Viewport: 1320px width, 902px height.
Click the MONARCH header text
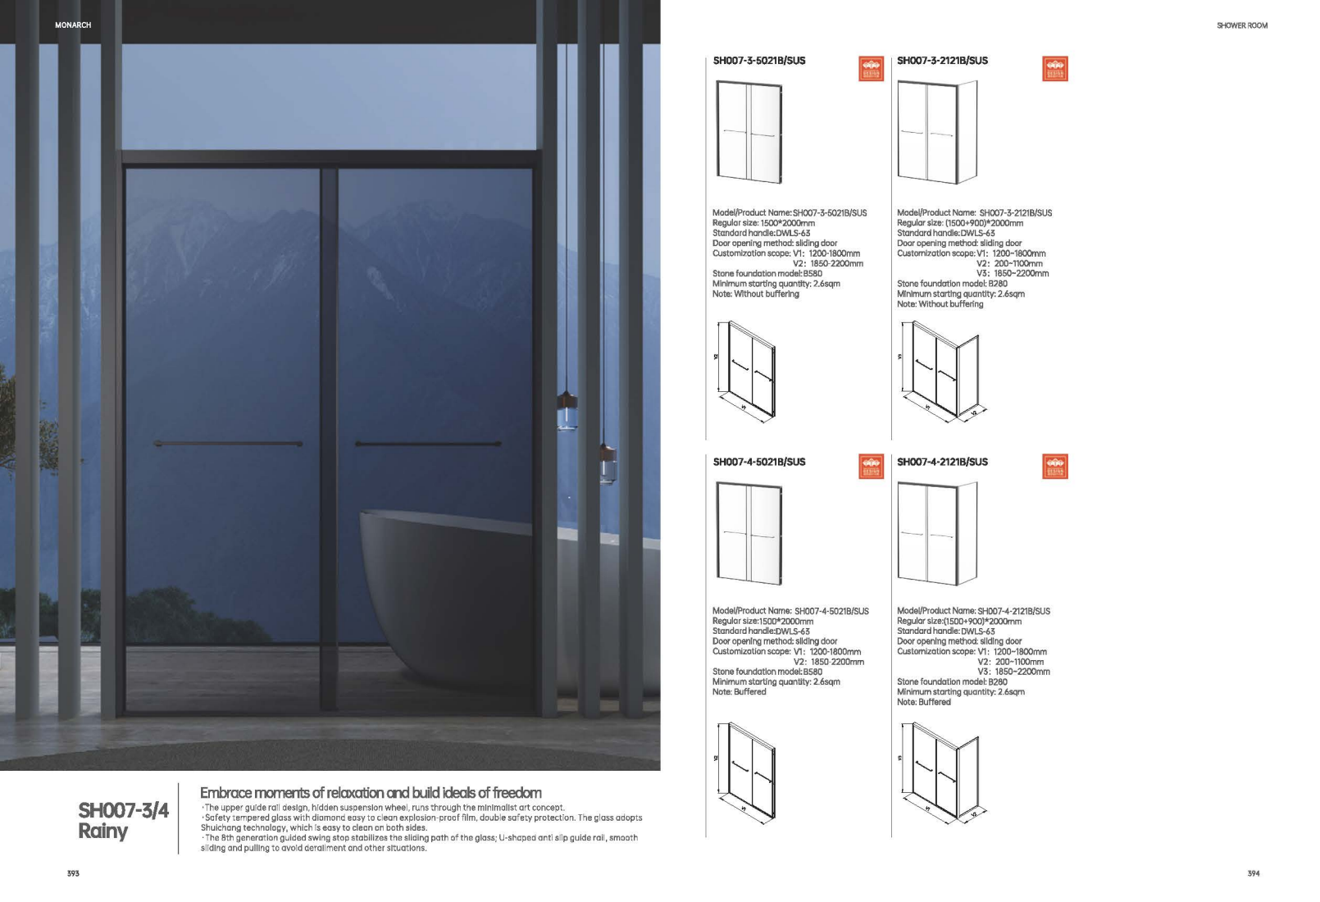coord(73,25)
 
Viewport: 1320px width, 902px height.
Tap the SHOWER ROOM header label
coord(1241,25)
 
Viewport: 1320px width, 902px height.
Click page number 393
coord(73,873)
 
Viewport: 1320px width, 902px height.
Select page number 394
coord(1253,873)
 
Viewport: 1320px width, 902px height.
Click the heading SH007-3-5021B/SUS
coord(759,61)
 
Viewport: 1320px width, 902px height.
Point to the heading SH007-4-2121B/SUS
coord(942,462)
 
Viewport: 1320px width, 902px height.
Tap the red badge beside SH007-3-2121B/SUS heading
coord(1054,69)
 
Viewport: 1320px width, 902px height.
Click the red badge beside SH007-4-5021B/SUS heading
coord(871,467)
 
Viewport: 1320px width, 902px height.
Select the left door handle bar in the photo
coord(228,444)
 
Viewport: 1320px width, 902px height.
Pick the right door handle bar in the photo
coord(428,444)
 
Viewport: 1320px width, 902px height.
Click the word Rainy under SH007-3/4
coord(103,831)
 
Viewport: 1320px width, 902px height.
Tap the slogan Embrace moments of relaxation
coord(371,793)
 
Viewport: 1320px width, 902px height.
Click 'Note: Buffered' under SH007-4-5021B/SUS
coord(739,692)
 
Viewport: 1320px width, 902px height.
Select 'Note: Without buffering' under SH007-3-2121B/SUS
coord(940,304)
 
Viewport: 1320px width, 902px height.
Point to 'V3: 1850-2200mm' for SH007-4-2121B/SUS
coord(1013,672)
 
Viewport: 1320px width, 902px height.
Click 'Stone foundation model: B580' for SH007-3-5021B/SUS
coord(767,274)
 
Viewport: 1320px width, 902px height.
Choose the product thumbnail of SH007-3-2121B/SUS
coord(937,131)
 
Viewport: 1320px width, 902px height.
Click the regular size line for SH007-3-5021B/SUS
coord(763,223)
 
